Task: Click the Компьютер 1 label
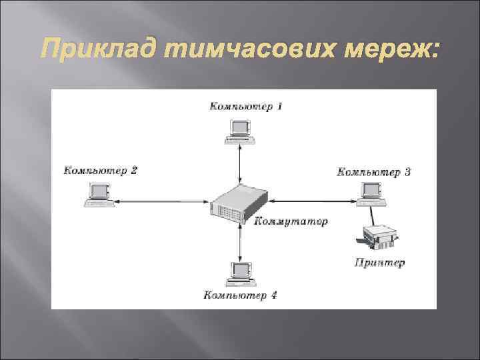pyautogui.click(x=246, y=106)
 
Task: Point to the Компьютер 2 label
pyautogui.click(x=101, y=170)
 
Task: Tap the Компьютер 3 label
pyautogui.click(x=374, y=172)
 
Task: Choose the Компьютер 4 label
pyautogui.click(x=240, y=295)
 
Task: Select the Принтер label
pyautogui.click(x=379, y=262)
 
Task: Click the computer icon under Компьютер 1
pyautogui.click(x=240, y=131)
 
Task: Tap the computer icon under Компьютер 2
pyautogui.click(x=99, y=195)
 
